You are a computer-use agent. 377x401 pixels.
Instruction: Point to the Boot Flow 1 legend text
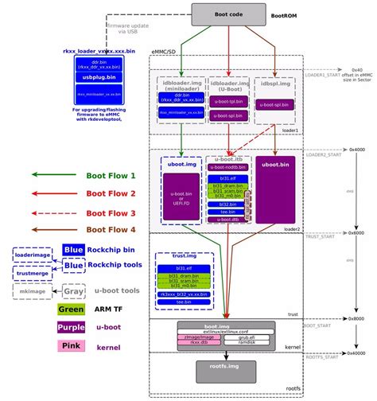point(111,174)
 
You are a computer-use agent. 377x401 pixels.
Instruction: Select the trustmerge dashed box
point(33,274)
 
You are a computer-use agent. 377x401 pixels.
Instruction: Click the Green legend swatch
point(71,310)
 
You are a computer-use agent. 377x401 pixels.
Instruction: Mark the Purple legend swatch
point(71,328)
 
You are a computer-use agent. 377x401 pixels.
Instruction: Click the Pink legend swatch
point(71,345)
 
